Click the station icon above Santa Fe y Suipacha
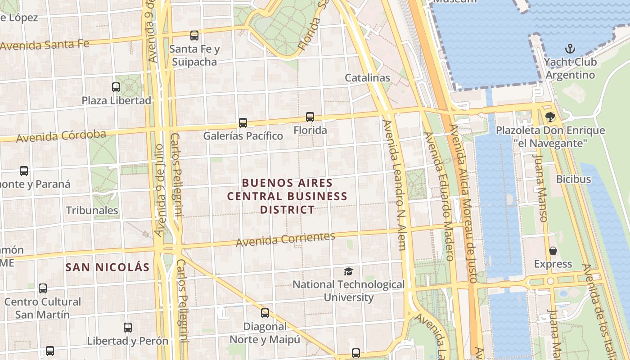coord(194,36)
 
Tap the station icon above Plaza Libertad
coord(116,87)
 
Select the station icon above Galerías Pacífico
coord(243,122)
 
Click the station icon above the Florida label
coord(310,117)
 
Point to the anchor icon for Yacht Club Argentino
coord(570,48)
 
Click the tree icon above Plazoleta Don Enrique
coord(549,117)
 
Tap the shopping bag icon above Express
coord(553,251)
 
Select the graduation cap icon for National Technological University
coord(348,271)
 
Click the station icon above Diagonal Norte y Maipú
coord(265,313)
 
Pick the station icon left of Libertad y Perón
coord(128,328)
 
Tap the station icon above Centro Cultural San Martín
coord(43,288)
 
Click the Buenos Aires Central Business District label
coord(287,196)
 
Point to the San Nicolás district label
coord(107,267)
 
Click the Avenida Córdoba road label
coord(61,136)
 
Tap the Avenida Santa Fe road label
coord(45,45)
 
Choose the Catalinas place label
coord(367,78)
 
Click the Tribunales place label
coord(92,210)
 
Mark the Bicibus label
coord(573,179)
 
